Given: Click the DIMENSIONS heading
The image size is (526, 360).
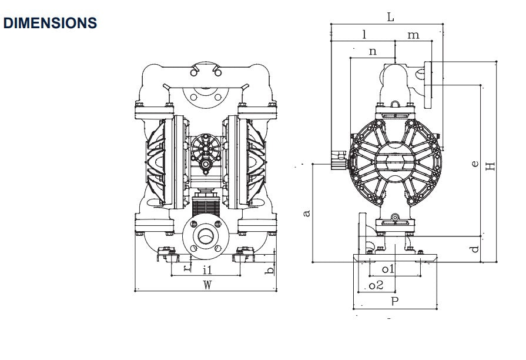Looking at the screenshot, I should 50,23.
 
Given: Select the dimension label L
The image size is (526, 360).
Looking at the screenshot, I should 390,17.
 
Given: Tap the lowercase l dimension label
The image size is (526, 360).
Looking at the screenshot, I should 364,34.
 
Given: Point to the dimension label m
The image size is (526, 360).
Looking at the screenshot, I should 414,35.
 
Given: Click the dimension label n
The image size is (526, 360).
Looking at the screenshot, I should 373,51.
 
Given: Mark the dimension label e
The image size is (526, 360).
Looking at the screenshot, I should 475,164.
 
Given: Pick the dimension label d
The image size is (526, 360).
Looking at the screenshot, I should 475,249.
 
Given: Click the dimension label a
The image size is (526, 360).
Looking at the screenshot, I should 306,213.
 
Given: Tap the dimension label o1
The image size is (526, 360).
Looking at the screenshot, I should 388,269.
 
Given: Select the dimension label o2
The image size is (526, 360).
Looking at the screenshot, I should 376,285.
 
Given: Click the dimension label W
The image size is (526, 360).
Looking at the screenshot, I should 207,285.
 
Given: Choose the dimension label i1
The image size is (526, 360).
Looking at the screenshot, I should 207,270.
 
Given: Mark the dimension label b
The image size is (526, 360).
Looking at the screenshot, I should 269,270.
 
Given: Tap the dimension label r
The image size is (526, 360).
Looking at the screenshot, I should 186,268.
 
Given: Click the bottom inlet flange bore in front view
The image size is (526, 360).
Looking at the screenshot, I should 206,236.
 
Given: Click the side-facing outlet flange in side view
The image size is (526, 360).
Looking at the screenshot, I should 428,82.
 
